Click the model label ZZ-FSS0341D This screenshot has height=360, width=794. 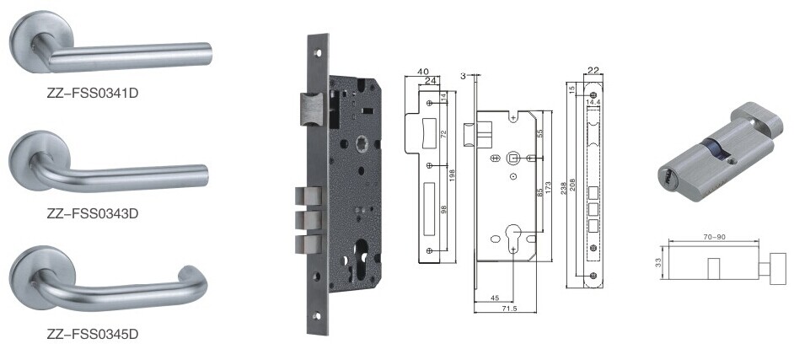click(x=92, y=94)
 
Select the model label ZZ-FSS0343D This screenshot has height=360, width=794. click(x=92, y=213)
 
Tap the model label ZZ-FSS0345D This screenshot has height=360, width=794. click(x=92, y=334)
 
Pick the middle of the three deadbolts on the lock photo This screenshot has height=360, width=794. click(x=308, y=220)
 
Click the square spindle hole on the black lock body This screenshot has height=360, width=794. click(x=362, y=142)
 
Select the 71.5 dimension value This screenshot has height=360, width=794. click(x=505, y=308)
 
